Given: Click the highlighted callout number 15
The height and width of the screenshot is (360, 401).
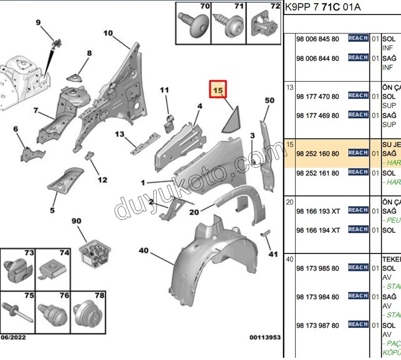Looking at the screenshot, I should [218, 89].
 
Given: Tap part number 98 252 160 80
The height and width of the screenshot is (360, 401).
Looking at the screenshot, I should [317, 154].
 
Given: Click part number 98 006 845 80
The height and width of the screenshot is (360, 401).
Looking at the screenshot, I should [317, 39].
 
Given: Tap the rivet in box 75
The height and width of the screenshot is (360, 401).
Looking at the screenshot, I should [18, 310].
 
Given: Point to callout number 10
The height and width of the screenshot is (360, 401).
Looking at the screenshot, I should [108, 33].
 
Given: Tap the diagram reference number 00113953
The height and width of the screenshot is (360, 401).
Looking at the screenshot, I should [265, 337].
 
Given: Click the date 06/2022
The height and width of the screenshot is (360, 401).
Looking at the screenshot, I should [13, 337].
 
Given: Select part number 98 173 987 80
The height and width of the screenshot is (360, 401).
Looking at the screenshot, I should [317, 326].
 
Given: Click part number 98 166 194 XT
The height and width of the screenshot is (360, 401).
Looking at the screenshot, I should [318, 230].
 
